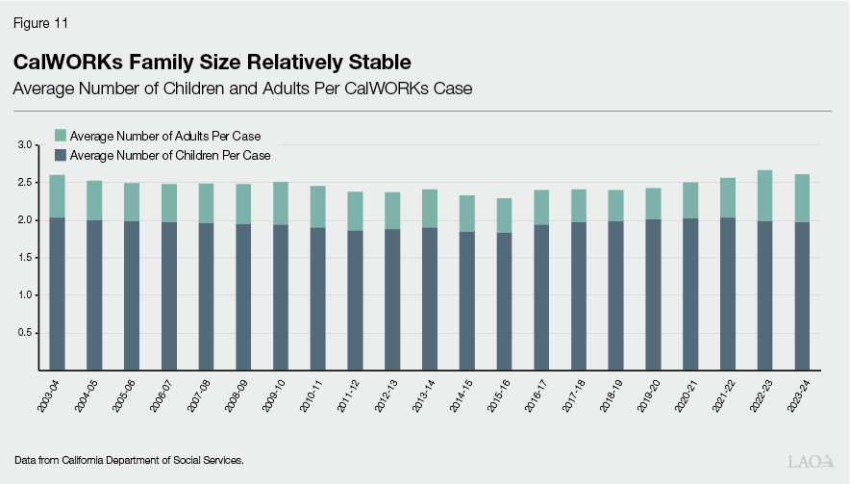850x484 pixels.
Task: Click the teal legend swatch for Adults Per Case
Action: coord(61,137)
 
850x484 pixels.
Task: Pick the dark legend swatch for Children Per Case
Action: coord(61,155)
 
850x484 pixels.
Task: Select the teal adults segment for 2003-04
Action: coord(58,196)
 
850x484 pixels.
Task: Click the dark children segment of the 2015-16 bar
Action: coord(505,301)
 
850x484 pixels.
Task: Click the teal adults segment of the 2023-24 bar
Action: coord(802,198)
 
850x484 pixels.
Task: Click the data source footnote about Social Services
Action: coord(129,461)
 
